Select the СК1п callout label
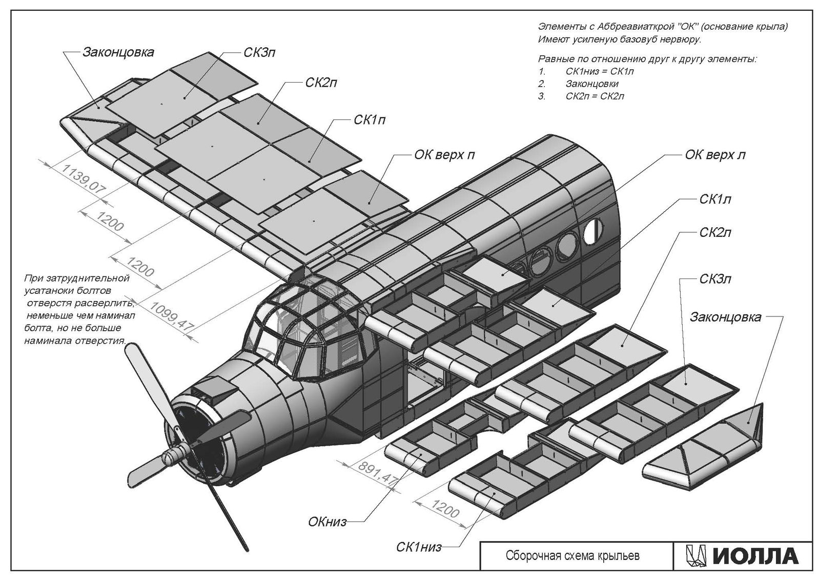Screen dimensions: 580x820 (x=370, y=121)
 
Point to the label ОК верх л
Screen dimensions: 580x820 (x=715, y=154)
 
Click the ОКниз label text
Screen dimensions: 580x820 (x=327, y=523)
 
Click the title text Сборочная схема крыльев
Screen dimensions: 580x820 (x=572, y=556)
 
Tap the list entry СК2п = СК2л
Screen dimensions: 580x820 (x=594, y=96)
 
